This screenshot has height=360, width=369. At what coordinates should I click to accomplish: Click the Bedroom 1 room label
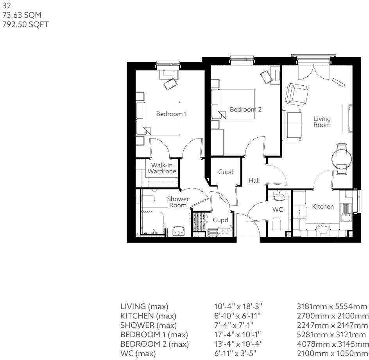pos(171,114)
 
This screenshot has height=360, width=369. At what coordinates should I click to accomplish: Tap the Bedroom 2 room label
pos(245,110)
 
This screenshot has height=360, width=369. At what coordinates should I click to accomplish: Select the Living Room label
pos(322,122)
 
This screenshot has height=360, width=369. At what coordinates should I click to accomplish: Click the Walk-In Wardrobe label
pos(161,168)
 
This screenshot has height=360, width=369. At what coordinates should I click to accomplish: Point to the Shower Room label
pos(178,202)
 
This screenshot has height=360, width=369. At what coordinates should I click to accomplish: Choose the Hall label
pos(254,180)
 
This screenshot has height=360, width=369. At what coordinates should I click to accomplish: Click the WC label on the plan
pos(277,210)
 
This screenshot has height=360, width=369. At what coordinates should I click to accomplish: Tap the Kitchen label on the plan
pos(322,207)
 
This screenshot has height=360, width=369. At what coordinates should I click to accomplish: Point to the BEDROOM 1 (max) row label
pos(154,335)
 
